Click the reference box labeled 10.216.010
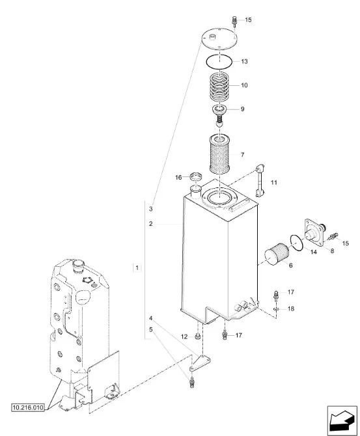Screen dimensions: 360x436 (x=28, y=407)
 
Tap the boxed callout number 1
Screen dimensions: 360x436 (x=137, y=267)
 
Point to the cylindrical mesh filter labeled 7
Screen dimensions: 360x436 (x=219, y=154)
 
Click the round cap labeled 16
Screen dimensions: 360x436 (x=195, y=176)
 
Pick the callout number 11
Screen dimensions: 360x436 (x=274, y=182)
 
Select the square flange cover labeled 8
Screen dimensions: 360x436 (x=315, y=232)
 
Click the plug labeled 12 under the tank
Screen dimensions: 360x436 (x=197, y=336)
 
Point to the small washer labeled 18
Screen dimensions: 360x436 (x=276, y=309)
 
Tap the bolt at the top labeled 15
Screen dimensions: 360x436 (x=234, y=21)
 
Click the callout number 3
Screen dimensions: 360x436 (x=151, y=209)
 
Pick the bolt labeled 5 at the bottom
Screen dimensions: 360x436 (x=191, y=383)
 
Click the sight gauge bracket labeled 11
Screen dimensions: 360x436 (x=260, y=180)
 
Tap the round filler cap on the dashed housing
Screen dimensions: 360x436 (x=78, y=266)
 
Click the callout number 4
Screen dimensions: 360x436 (x=151, y=318)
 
